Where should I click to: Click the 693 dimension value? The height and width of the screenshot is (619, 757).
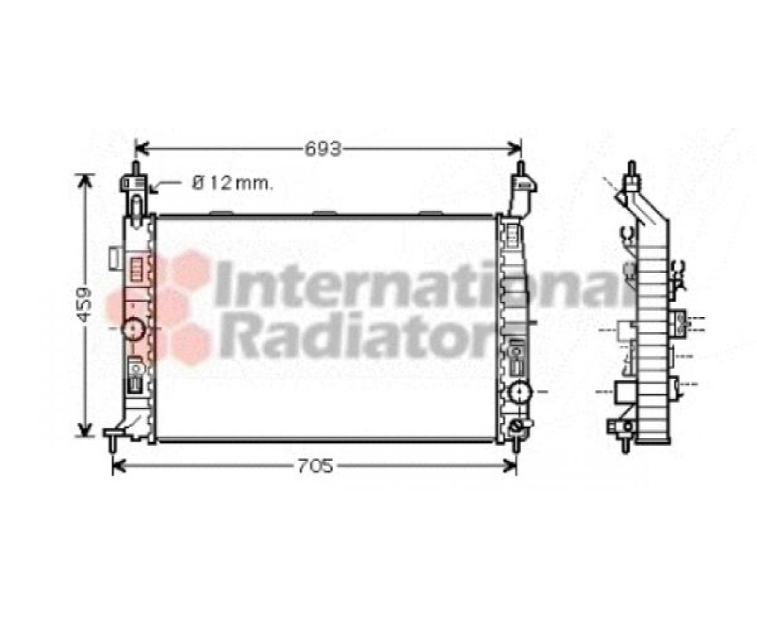point(323,149)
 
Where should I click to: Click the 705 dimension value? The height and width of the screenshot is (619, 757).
point(315,466)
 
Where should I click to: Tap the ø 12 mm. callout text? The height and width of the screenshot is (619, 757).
point(232,183)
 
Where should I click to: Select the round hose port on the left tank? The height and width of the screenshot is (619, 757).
point(134,330)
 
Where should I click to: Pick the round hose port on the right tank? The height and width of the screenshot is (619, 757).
point(520,391)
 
